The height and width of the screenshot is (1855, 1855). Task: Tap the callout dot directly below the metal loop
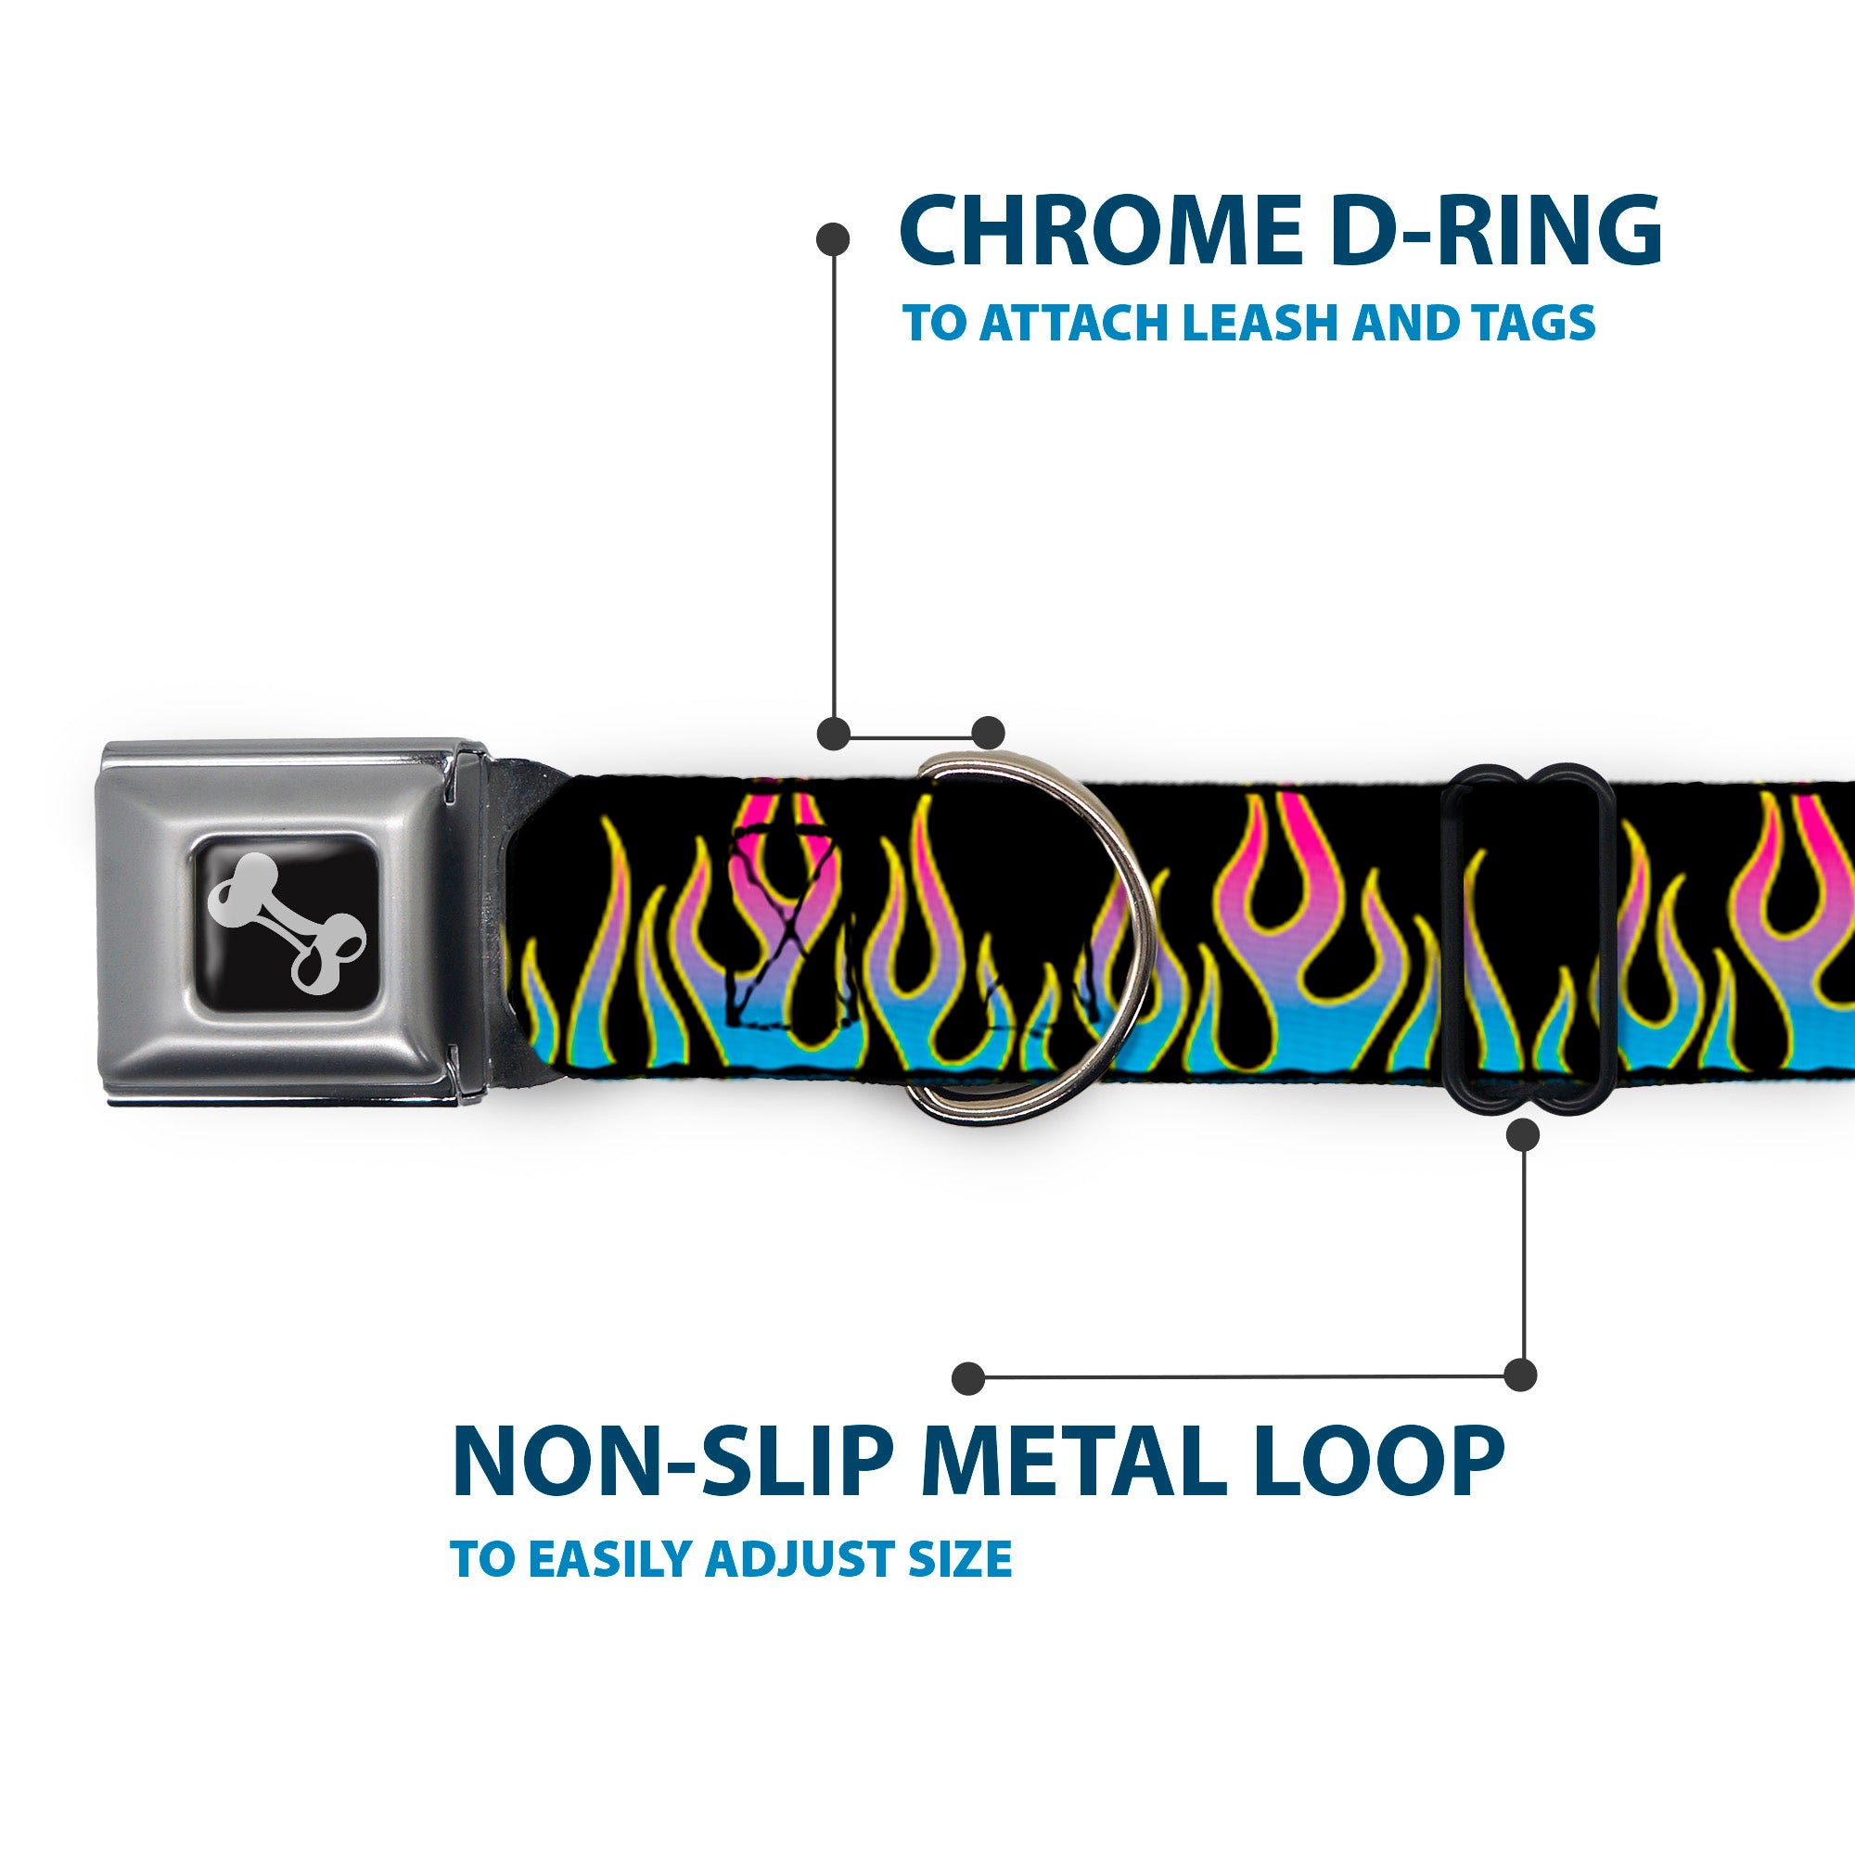point(1524,1136)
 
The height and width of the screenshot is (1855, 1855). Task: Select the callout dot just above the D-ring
point(988,733)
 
